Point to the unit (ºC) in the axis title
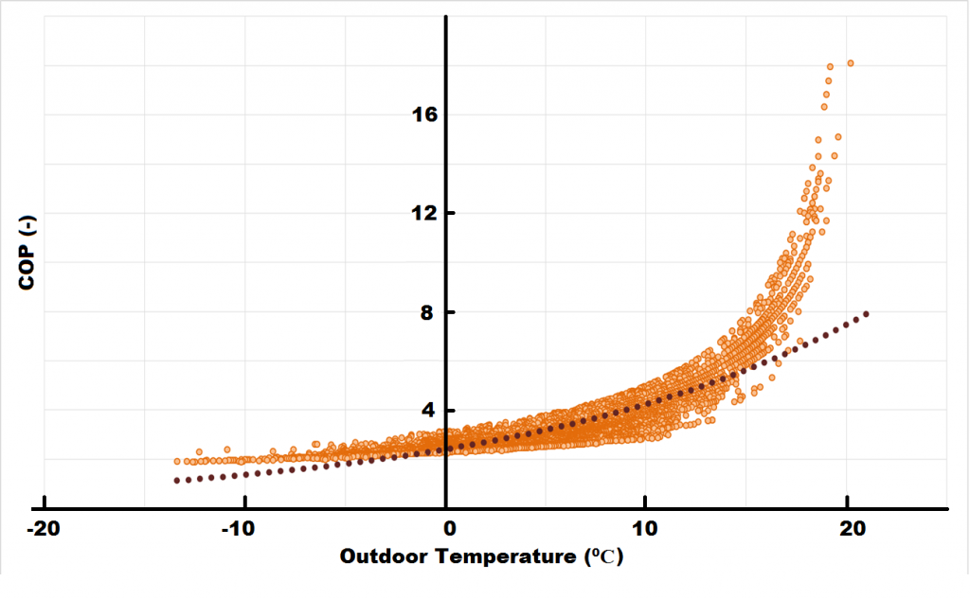coord(601,556)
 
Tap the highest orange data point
coord(851,63)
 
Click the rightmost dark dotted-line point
coord(866,313)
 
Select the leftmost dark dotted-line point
coord(177,481)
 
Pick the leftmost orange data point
coord(177,461)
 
